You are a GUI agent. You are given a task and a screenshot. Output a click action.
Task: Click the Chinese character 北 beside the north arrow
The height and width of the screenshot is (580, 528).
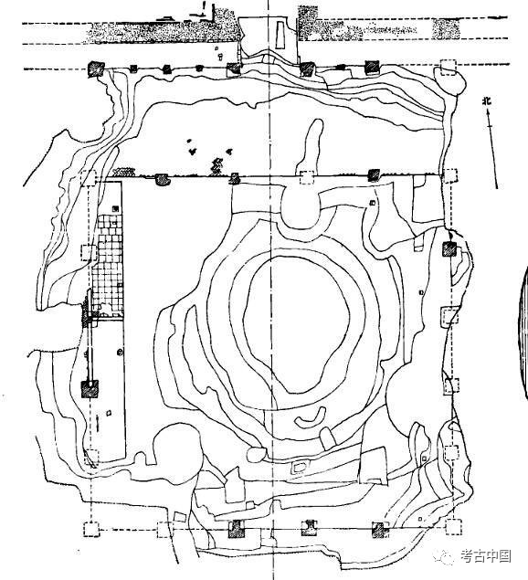[x=487, y=101]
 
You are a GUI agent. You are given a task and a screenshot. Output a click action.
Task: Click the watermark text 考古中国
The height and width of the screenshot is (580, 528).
[x=486, y=556]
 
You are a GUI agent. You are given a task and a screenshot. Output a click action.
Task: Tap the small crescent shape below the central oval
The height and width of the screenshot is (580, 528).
[x=312, y=417]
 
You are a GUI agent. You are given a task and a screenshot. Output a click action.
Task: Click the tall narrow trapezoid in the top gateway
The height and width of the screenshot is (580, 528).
[x=280, y=35]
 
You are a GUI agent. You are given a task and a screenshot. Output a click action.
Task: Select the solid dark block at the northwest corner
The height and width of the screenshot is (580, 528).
[x=96, y=69]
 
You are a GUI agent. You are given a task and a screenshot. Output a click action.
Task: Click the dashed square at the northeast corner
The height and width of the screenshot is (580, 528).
[x=449, y=68]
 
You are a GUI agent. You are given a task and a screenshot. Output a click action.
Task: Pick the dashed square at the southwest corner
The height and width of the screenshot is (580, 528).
[x=91, y=529]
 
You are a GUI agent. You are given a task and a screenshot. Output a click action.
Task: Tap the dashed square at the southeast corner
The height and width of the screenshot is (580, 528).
[x=454, y=527]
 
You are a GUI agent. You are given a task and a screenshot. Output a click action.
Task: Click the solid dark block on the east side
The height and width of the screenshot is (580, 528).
[x=449, y=248]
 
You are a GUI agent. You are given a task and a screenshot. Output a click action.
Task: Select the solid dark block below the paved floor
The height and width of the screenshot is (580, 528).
[x=90, y=389]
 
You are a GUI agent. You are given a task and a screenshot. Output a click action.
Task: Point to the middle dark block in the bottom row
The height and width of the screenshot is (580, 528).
[x=309, y=528]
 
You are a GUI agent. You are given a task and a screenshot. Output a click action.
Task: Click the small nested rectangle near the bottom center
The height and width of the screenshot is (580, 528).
[x=300, y=467]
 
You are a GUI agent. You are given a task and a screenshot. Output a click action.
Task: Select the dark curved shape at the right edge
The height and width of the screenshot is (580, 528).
[x=524, y=332]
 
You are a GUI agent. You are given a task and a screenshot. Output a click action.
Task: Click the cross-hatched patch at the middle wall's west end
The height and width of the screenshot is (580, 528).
[x=124, y=172]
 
